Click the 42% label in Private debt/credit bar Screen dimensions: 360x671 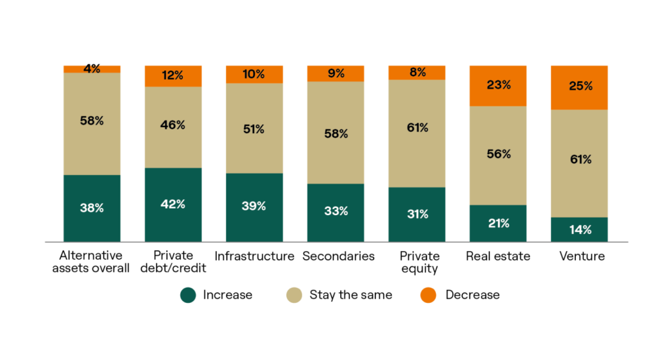173,204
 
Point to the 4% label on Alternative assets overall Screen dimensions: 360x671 92,69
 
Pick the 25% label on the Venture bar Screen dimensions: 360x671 579,86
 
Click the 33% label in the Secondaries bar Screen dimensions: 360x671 335,211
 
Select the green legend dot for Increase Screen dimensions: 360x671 189,295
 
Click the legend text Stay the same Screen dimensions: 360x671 351,295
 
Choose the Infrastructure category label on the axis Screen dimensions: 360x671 254,256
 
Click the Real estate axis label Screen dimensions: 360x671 498,256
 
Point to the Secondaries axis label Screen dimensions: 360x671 338,256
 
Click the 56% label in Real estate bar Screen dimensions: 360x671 498,154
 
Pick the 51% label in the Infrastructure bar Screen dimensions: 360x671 254,129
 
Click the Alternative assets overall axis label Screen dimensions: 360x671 92,262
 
